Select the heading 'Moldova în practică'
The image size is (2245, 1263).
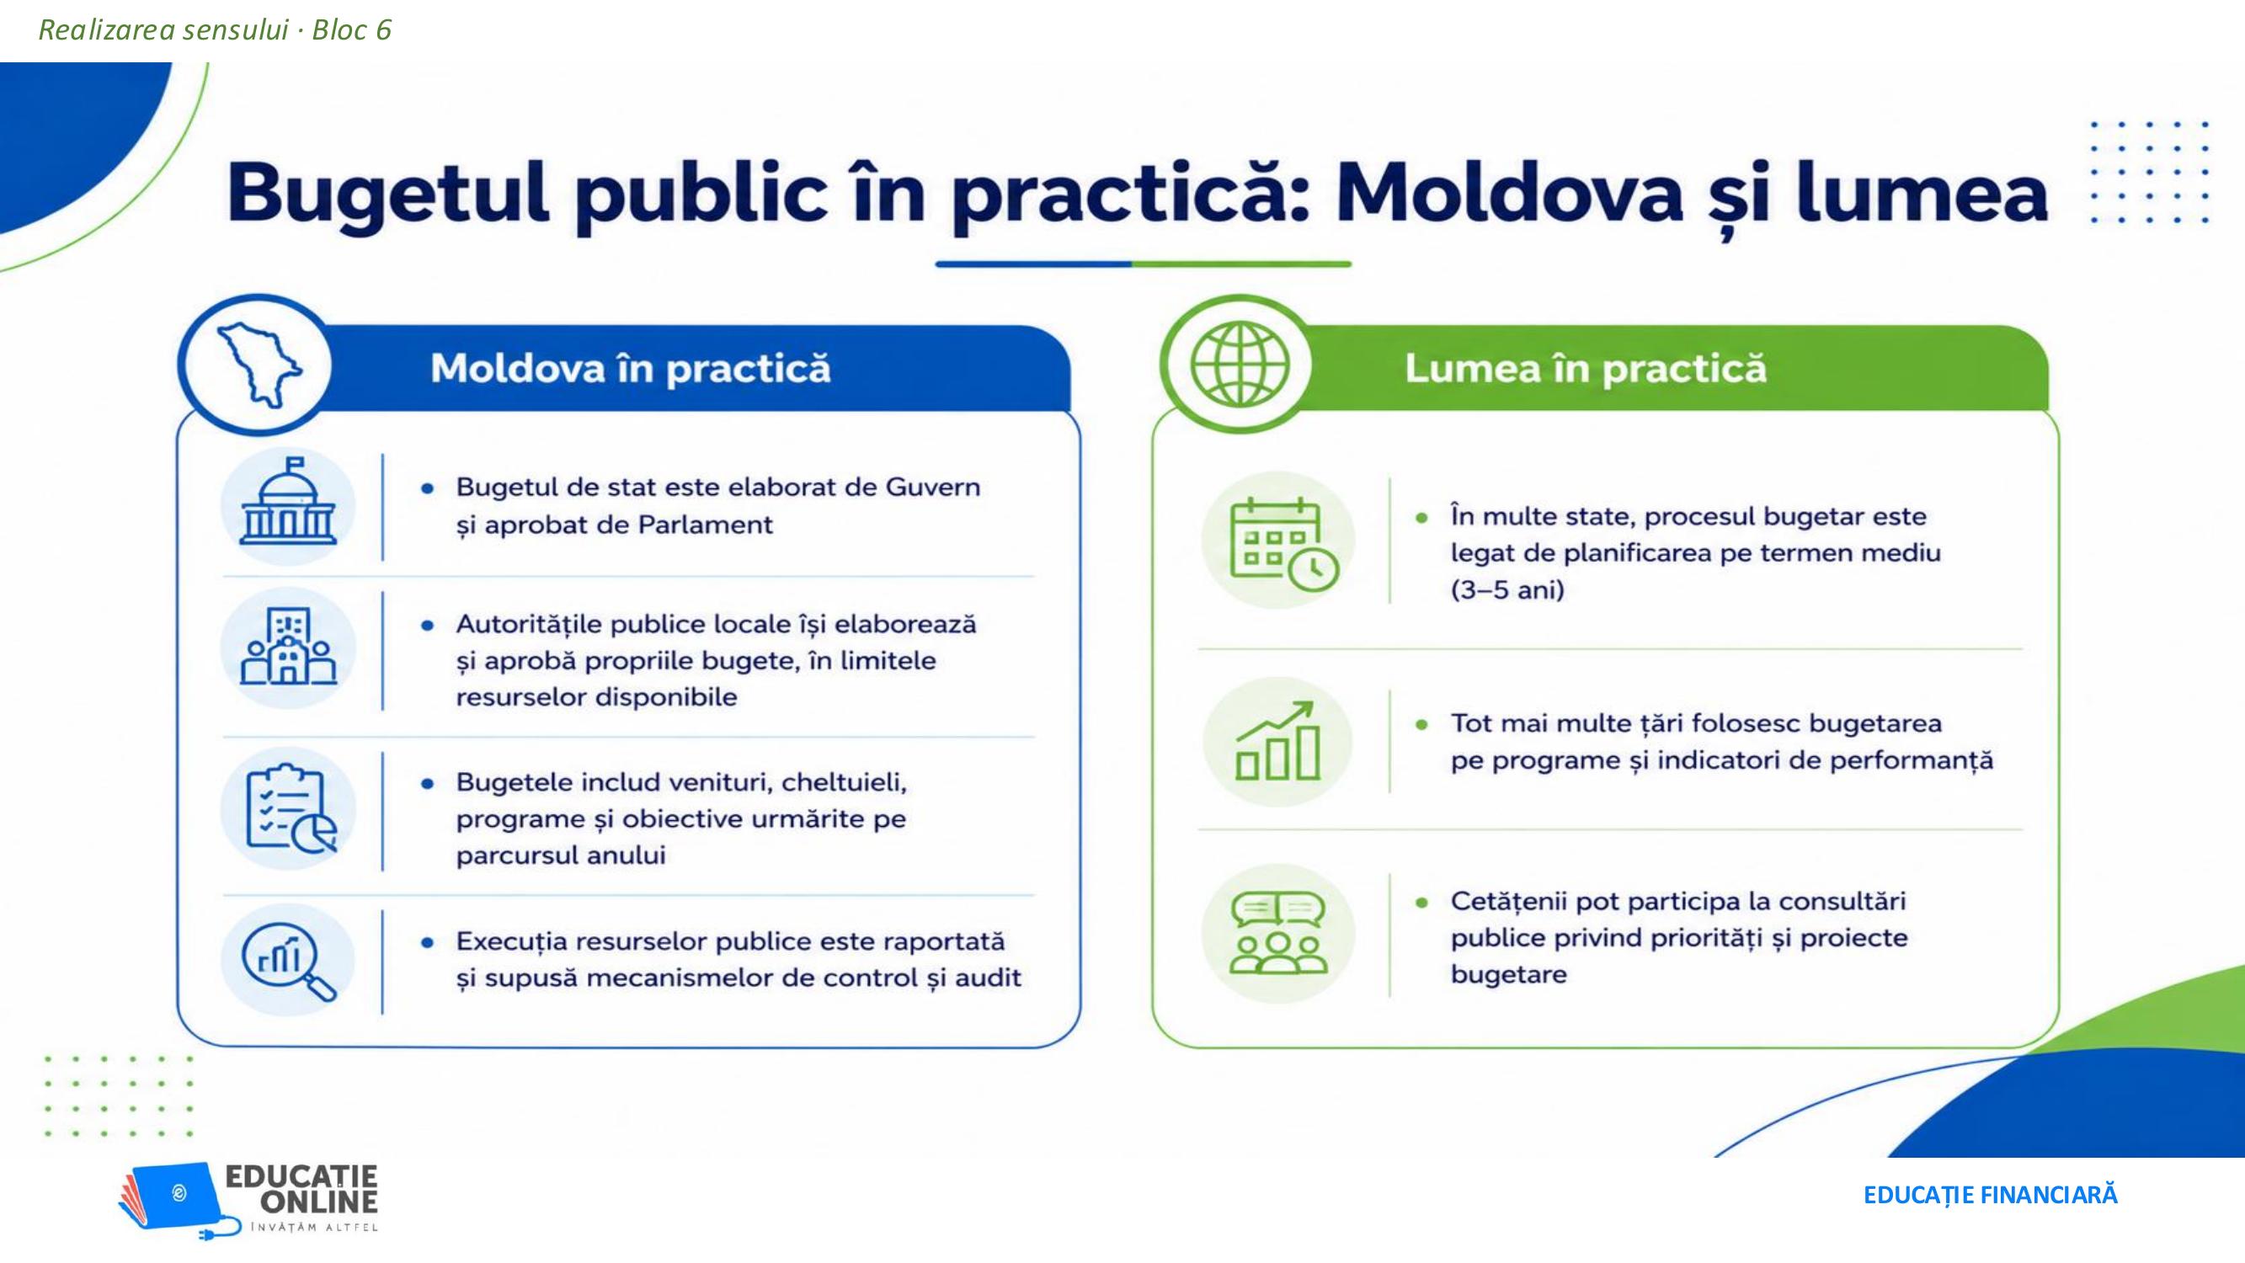(x=630, y=368)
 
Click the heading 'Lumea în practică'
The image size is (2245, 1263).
(x=1586, y=368)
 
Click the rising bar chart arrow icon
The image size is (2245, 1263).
(x=1277, y=741)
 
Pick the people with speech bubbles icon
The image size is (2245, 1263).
(x=1277, y=934)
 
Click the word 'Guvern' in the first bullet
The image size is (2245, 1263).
(x=933, y=487)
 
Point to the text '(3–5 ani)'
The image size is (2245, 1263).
(x=1506, y=590)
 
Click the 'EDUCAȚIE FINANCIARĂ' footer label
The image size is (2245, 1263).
(x=1990, y=1195)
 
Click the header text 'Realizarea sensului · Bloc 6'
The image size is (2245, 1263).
(x=216, y=30)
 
